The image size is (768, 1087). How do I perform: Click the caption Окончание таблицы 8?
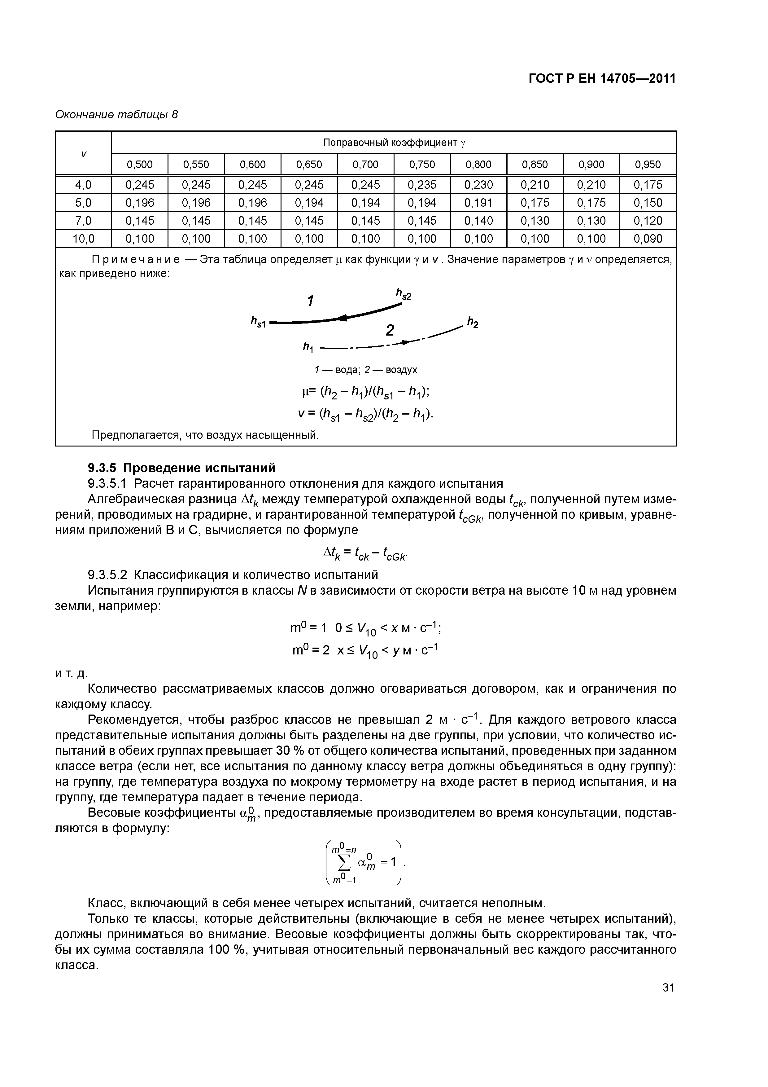(116, 115)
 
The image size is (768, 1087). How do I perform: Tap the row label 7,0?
(83, 221)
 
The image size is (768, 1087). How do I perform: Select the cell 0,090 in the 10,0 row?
(648, 239)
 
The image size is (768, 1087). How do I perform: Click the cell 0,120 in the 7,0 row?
(648, 221)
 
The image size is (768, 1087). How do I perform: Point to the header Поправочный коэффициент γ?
(394, 143)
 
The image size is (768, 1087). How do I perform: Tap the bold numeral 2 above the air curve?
(390, 330)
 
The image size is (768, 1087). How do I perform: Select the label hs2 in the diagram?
(403, 295)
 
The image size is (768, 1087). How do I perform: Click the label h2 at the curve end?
(472, 323)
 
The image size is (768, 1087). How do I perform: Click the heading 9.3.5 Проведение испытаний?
(182, 468)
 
